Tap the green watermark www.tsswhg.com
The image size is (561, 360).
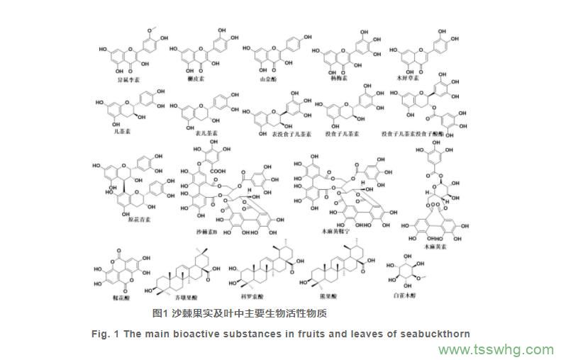click(x=496, y=350)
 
